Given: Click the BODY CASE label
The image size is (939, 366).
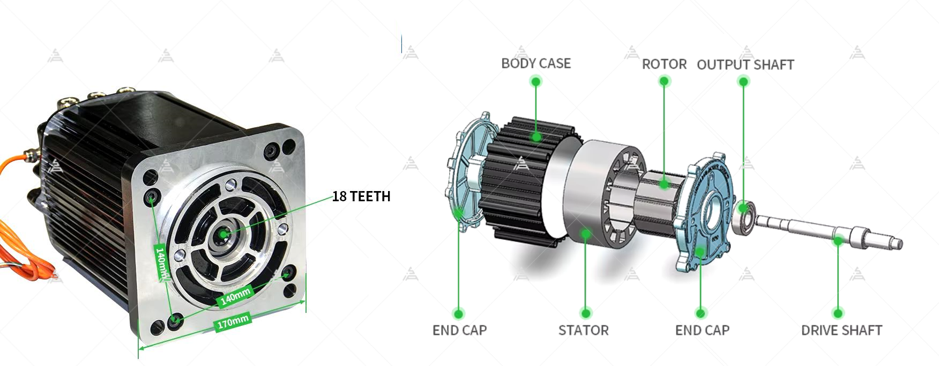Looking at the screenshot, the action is (x=535, y=63).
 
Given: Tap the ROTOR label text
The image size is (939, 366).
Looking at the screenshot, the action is (x=664, y=64).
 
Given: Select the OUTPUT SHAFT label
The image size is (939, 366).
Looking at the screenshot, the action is (x=745, y=65).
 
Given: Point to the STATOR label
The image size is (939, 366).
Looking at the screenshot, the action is (x=583, y=330).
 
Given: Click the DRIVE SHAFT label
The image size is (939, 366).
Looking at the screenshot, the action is (x=841, y=330).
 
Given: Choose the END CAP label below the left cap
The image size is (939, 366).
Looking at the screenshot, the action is (x=459, y=330).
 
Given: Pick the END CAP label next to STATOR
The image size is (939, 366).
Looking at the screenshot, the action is (x=702, y=330).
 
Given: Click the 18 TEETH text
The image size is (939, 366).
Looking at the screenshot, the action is (x=361, y=196).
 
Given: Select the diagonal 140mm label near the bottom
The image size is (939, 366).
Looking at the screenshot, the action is (x=236, y=296).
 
